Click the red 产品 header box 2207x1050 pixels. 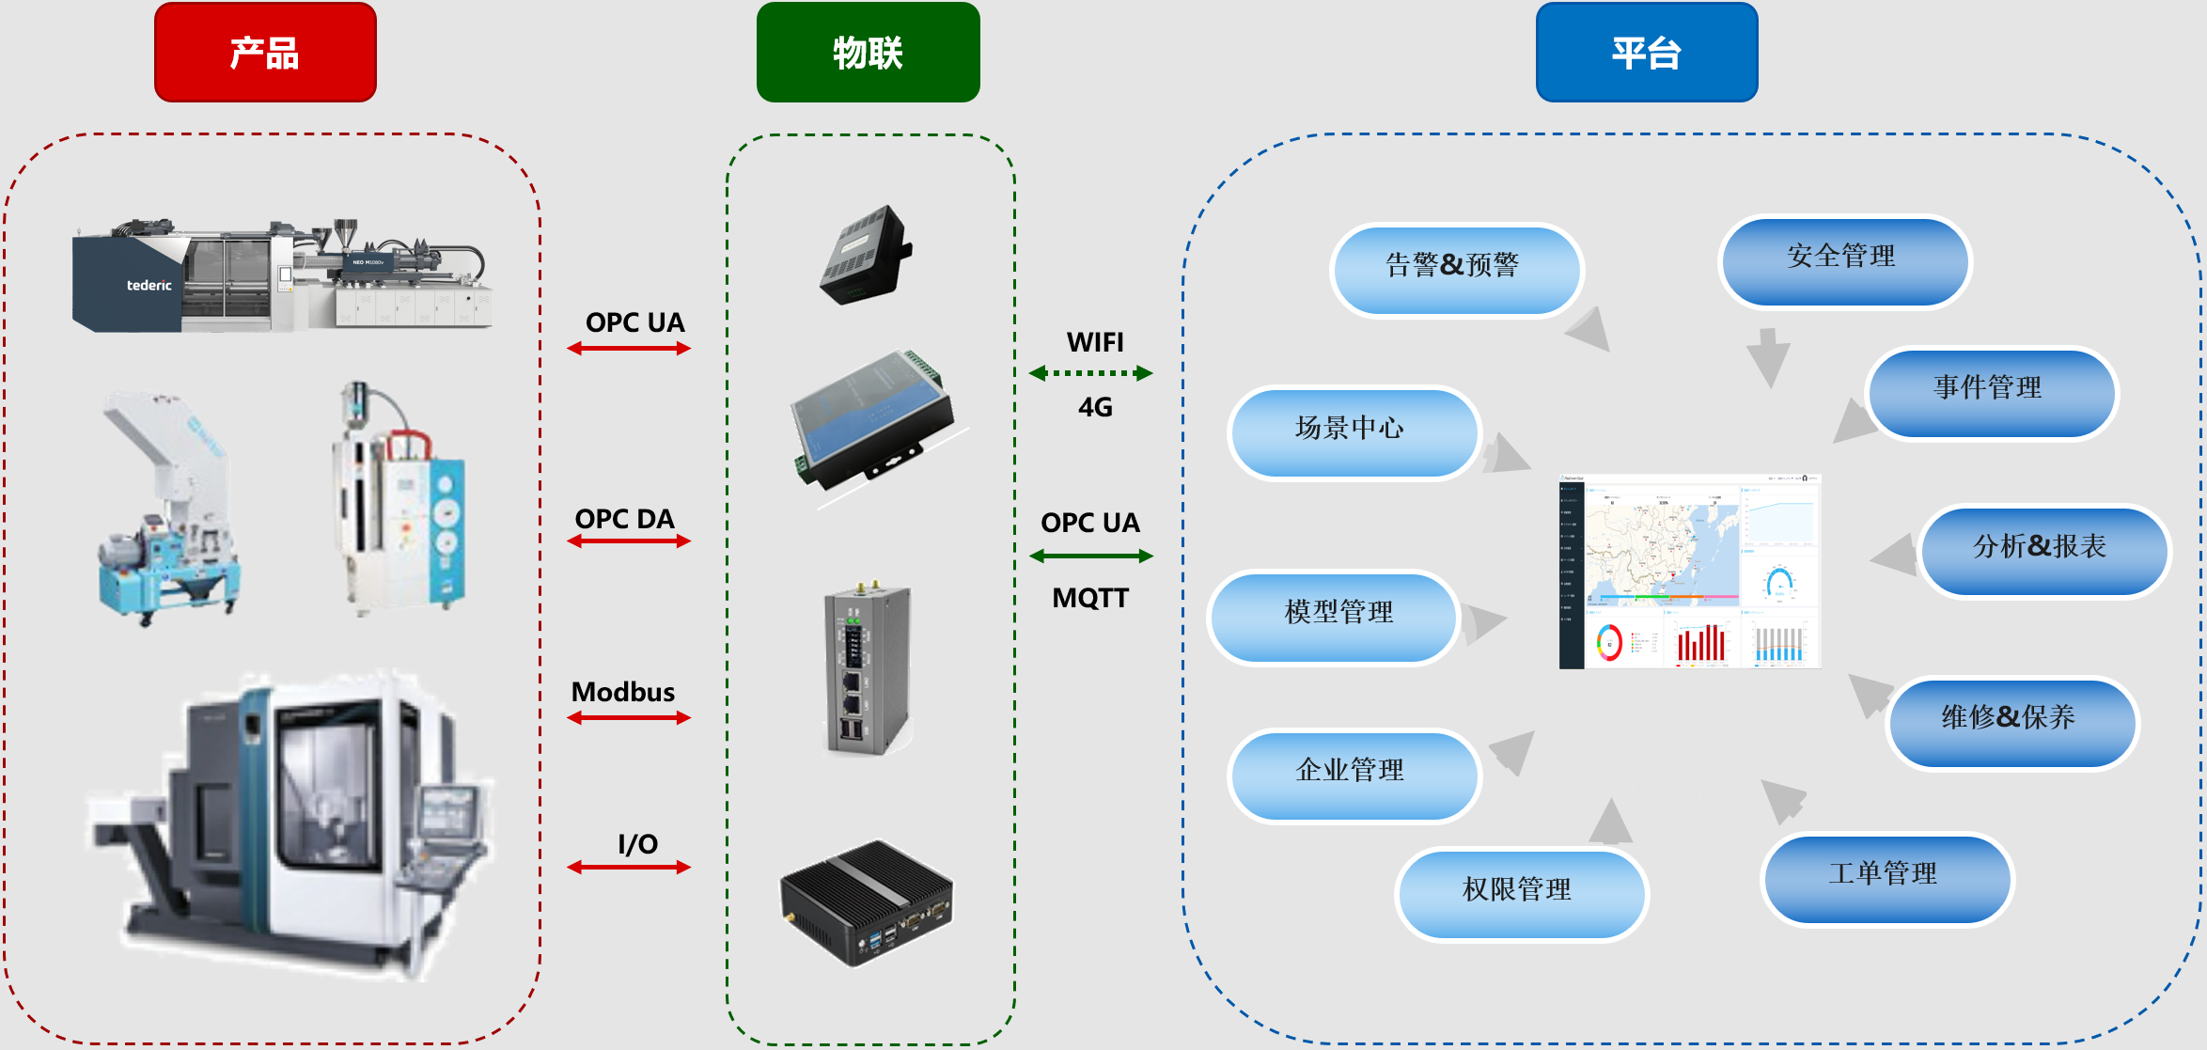point(265,53)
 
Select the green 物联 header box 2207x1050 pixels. point(868,53)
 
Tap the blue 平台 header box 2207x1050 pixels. point(1647,53)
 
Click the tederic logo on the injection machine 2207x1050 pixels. point(149,285)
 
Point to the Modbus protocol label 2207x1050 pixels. point(623,692)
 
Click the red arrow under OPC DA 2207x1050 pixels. point(629,541)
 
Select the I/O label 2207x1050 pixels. point(637,843)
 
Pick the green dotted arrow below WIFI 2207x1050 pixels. point(1090,373)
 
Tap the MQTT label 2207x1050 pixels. point(1090,598)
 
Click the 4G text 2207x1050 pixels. point(1095,407)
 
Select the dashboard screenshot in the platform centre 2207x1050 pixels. point(1690,572)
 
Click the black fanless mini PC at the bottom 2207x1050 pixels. point(867,902)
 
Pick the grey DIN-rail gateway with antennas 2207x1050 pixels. point(868,669)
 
